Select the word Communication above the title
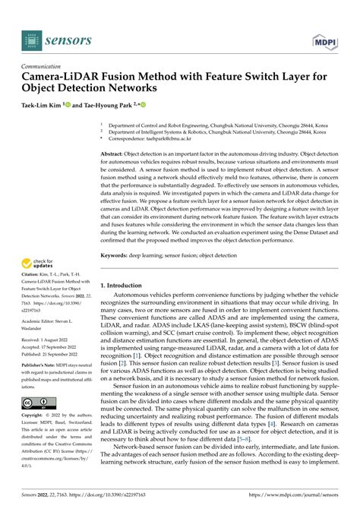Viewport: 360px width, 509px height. (46, 66)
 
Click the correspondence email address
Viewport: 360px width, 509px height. (172, 139)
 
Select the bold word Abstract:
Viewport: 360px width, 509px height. (114, 153)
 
